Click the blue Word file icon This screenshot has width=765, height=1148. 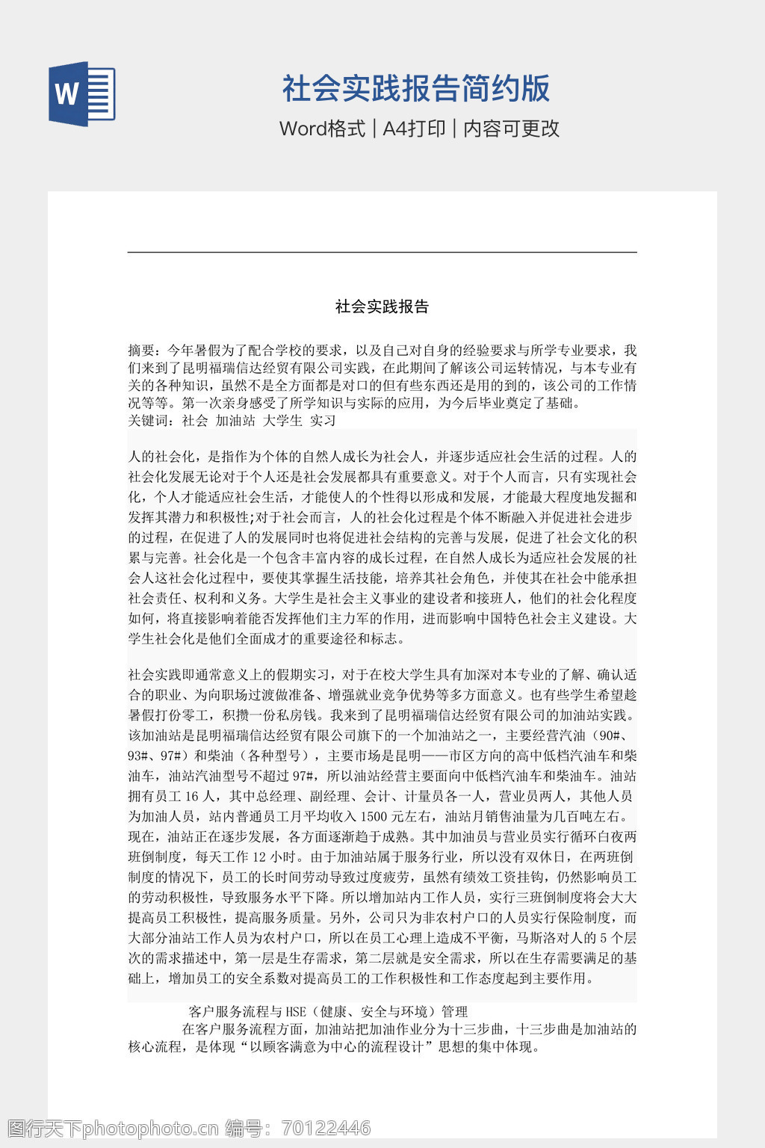(82, 93)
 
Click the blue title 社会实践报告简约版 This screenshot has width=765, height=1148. (416, 88)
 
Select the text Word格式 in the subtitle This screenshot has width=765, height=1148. (322, 129)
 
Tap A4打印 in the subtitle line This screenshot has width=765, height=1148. (414, 129)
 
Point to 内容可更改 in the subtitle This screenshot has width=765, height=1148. (511, 129)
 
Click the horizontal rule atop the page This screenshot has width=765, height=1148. (382, 253)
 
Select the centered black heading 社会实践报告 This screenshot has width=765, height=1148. (382, 306)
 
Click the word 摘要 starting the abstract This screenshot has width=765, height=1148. (141, 351)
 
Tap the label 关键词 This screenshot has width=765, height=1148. (148, 421)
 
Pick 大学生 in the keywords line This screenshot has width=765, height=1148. (282, 421)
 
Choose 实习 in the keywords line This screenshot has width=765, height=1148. (323, 421)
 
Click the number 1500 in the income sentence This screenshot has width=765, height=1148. (374, 816)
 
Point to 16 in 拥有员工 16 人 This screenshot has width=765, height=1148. (192, 796)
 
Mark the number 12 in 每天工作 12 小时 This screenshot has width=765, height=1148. (259, 857)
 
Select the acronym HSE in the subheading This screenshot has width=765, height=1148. (297, 1012)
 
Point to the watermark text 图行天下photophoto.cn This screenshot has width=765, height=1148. (112, 1128)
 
